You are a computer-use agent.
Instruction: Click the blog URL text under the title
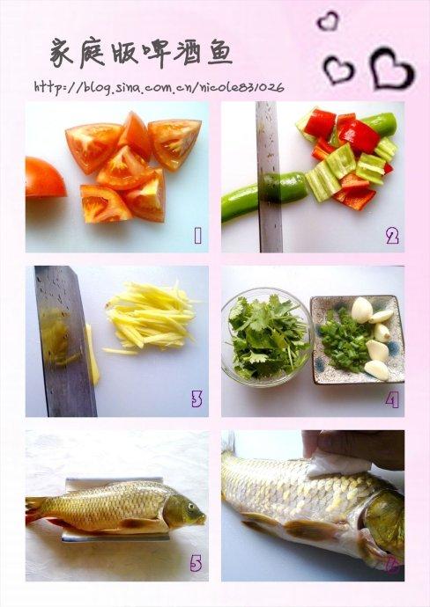point(159,87)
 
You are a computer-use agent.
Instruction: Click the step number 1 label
point(197,236)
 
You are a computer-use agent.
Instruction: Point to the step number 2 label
point(392,236)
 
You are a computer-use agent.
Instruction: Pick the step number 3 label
point(196,399)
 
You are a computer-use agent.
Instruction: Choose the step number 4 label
point(392,399)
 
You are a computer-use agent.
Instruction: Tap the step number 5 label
point(196,563)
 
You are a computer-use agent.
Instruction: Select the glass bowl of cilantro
point(267,338)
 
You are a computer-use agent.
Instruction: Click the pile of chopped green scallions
point(343,340)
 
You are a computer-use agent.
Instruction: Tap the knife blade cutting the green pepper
point(269,177)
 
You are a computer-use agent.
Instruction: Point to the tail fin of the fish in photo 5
point(35,510)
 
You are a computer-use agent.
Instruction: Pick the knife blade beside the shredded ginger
point(64,340)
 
